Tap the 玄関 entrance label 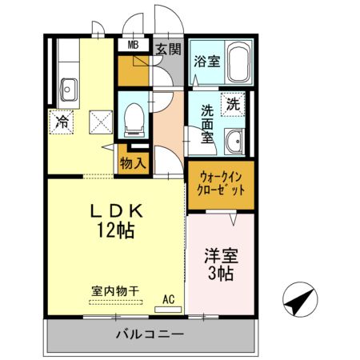coord(168,50)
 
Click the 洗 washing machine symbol coord(232,104)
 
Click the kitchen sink coord(66,86)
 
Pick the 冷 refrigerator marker coord(62,122)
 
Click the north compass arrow coord(298,302)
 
